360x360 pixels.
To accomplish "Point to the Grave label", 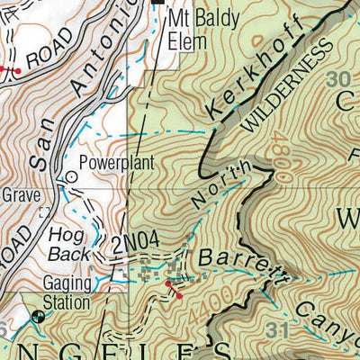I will tap(19, 193).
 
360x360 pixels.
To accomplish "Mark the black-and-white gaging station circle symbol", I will tap(38, 317).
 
